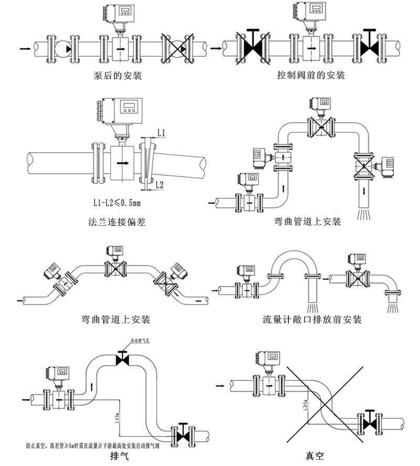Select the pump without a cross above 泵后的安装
pos(63,48)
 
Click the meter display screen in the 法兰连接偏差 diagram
pos(128,107)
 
